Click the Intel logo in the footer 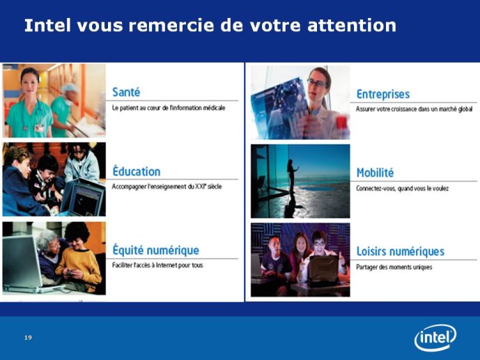[435, 337]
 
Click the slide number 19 [28, 337]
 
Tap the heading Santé [126, 92]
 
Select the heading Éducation [137, 171]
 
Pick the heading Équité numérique [156, 250]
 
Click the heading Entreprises [383, 94]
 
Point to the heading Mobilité [375, 173]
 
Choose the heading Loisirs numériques [401, 251]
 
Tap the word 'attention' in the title [352, 25]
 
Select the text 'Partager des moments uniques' [394, 267]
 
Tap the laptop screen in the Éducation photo [86, 200]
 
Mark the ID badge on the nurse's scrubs [39, 128]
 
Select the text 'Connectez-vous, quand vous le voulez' [402, 189]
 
